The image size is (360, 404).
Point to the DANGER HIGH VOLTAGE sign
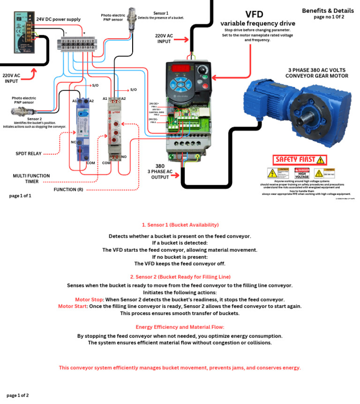point(302,173)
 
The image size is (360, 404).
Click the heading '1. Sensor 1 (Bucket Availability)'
point(180,225)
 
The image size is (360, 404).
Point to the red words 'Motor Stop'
point(89,299)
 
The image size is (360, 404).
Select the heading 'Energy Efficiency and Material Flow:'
point(180,327)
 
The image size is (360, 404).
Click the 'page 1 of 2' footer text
point(18,395)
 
